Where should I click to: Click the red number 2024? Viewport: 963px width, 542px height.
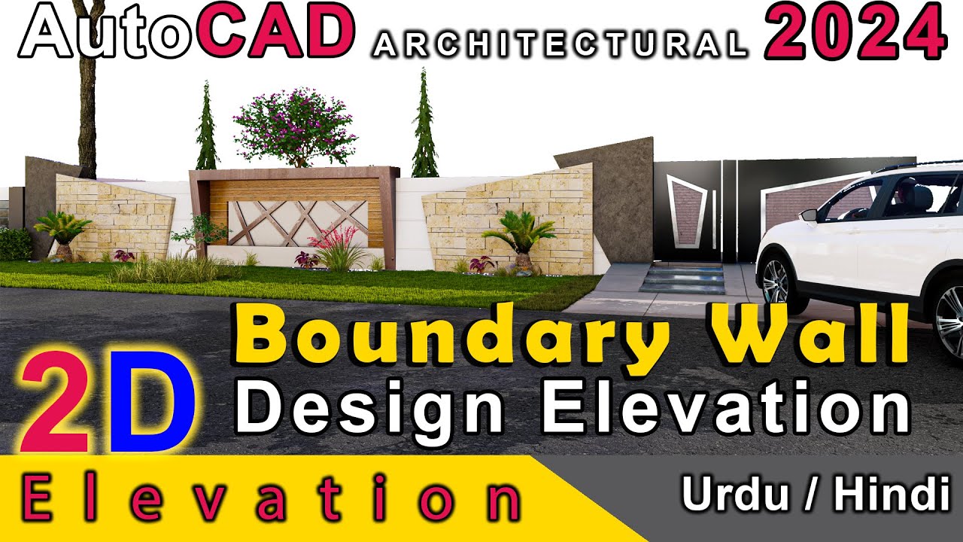(855, 34)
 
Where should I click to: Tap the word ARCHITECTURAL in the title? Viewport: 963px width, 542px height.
(560, 47)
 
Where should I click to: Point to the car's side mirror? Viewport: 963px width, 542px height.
(810, 215)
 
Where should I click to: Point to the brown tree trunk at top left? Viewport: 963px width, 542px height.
(87, 105)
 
